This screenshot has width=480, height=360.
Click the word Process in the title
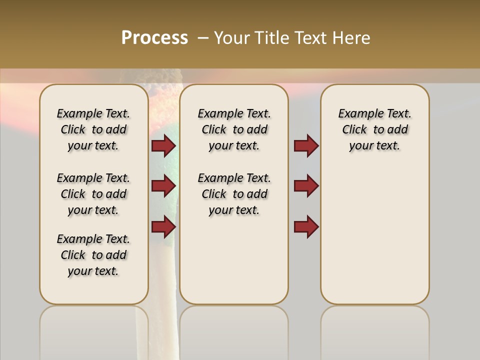tap(154, 38)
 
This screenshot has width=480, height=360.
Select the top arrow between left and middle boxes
tap(163, 146)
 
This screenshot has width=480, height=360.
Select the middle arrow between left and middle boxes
tap(163, 186)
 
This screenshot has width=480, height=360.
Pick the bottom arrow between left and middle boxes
tap(163, 226)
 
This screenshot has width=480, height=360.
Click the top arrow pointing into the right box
tap(306, 146)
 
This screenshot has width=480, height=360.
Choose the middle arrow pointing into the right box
tap(306, 186)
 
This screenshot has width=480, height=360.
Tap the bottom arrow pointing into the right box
tap(306, 226)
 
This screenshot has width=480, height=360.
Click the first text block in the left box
tap(93, 129)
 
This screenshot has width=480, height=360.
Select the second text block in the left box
tap(93, 194)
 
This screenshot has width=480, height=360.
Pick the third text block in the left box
tap(93, 255)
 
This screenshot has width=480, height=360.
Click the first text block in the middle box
tap(234, 129)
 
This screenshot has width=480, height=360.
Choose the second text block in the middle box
tap(234, 194)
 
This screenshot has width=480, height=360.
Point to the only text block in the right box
tap(374, 129)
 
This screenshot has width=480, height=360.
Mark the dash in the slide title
tap(202, 38)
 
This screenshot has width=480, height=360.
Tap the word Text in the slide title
tap(312, 38)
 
